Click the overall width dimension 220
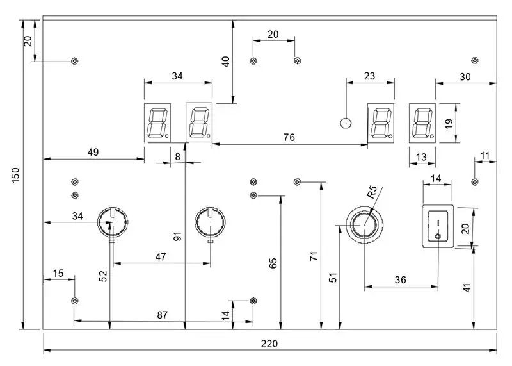point(269,344)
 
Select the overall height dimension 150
point(15,176)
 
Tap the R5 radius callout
point(372,192)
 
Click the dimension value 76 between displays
point(289,137)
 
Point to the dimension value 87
point(163,315)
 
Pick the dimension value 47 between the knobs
point(161,257)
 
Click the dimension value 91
point(177,236)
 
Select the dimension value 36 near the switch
point(401,279)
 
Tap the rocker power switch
point(438,226)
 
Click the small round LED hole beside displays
point(346,123)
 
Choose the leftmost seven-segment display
point(157,122)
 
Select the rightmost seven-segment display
point(422,123)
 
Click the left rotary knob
point(113,222)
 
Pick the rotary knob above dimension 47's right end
point(210,222)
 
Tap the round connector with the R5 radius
point(364,226)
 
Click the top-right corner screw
point(475,60)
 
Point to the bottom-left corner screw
point(75,301)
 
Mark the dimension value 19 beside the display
point(449,123)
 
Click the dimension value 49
point(93,152)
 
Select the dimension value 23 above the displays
point(369,76)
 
